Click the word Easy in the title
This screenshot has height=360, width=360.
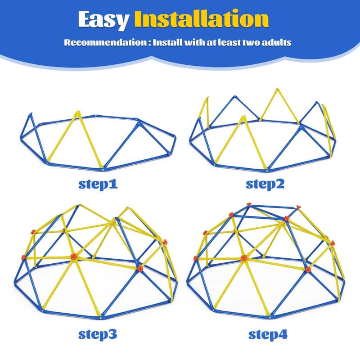[x=103, y=19]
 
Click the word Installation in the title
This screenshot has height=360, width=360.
[x=200, y=19]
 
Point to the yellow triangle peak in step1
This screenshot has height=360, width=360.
[x=77, y=111]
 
